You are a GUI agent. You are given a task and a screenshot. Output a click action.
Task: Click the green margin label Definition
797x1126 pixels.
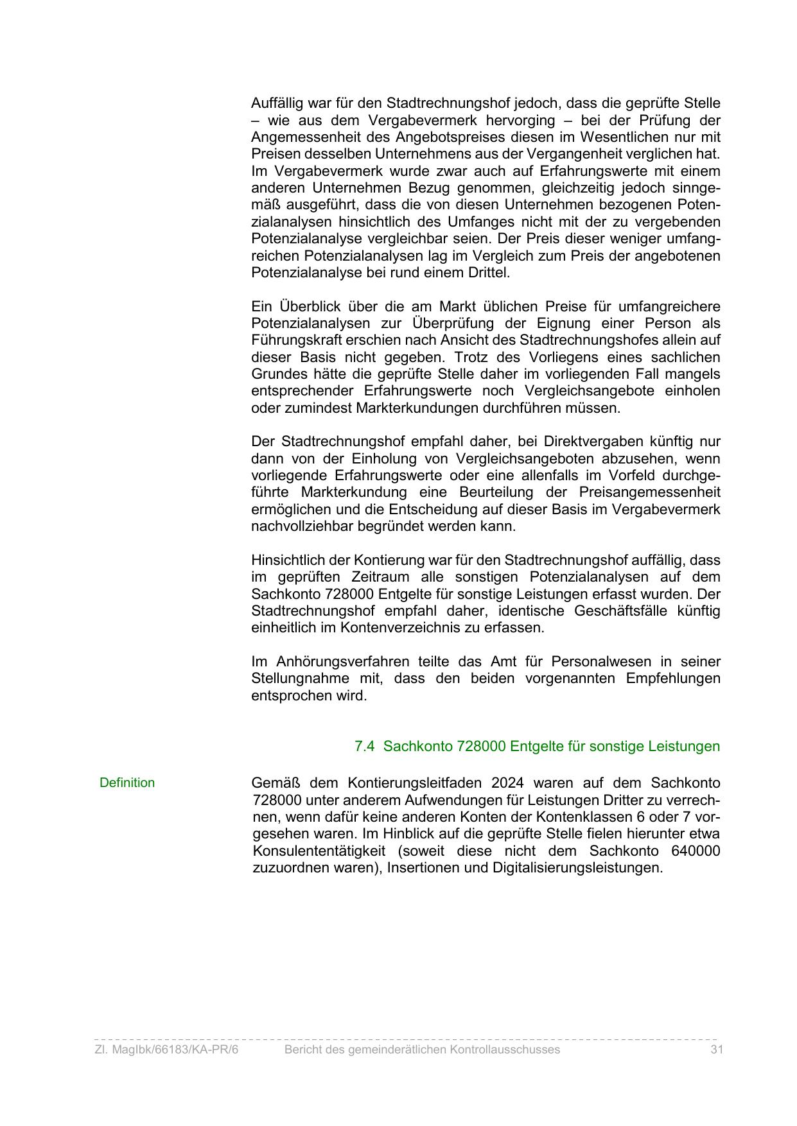(127, 783)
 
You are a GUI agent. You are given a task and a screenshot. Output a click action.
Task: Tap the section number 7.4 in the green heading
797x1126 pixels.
(364, 747)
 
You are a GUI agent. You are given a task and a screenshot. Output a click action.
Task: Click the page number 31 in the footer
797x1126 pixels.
(717, 1050)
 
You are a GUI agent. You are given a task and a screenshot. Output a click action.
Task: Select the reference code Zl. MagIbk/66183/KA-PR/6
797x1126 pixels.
(166, 1050)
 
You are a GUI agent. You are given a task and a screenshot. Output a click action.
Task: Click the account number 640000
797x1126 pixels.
(695, 851)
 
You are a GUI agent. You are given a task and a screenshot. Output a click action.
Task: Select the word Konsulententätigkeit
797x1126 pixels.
(319, 851)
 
